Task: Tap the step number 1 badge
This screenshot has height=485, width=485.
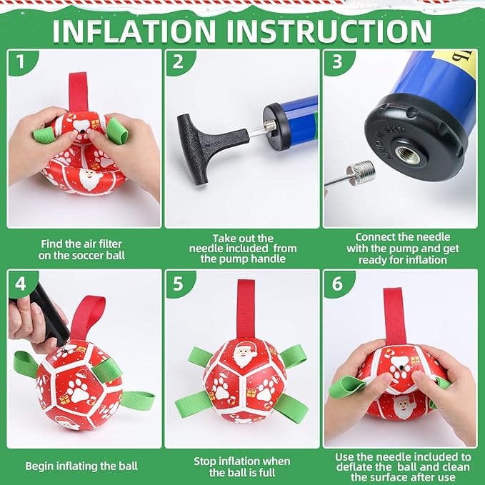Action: coord(20,62)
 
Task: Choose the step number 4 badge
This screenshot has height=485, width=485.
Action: coord(21,284)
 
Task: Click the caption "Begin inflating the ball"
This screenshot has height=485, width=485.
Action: coord(81,466)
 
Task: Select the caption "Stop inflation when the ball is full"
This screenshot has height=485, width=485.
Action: coord(242,466)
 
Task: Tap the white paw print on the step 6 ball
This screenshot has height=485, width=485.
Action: coord(400,366)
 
